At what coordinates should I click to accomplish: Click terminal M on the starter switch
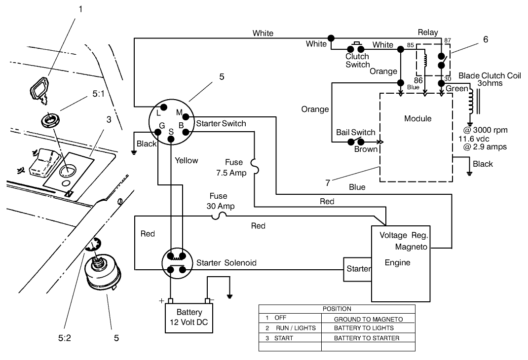pos(186,116)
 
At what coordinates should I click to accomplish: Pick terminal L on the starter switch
pos(163,107)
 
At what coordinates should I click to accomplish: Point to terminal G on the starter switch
pos(160,132)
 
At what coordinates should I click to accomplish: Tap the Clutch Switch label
pos(357,61)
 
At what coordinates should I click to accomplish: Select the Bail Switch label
pos(355,132)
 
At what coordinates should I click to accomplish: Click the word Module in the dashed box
pos(417,119)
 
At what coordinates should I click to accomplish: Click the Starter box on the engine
pos(358,269)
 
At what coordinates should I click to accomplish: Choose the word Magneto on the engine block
pos(411,246)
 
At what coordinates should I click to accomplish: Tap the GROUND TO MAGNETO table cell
pos(368,319)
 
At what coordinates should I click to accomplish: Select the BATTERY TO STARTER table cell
pos(367,338)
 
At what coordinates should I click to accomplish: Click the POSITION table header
pos(337,309)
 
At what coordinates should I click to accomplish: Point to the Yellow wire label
pos(186,160)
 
